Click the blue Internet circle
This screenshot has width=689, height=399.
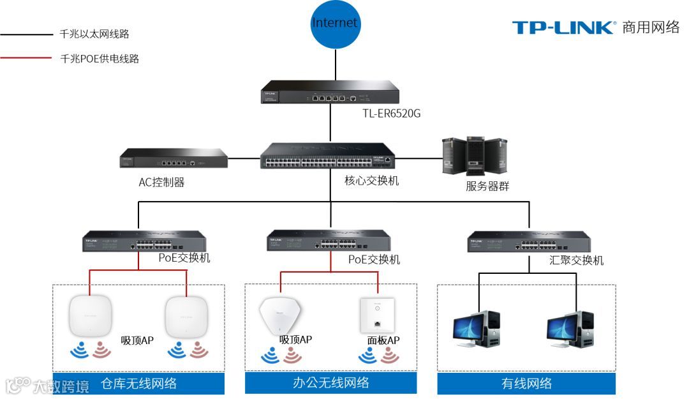pyautogui.click(x=335, y=24)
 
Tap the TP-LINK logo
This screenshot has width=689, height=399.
pyautogui.click(x=564, y=27)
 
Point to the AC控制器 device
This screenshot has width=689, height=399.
pyautogui.click(x=174, y=158)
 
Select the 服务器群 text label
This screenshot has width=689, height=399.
pyautogui.click(x=487, y=187)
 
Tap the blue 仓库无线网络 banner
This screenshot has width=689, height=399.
pyautogui.click(x=139, y=384)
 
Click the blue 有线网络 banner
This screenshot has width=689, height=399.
pyautogui.click(x=526, y=384)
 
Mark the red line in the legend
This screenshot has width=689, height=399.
pyautogui.click(x=27, y=58)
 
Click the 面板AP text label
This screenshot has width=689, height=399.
pyautogui.click(x=383, y=341)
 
